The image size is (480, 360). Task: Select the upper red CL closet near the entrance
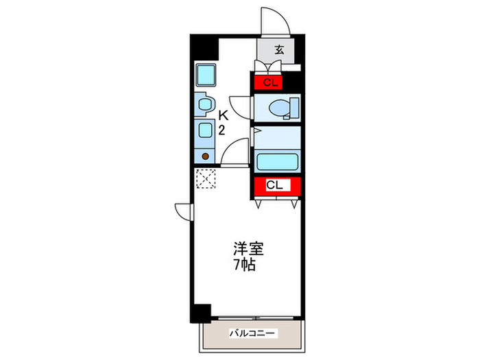(x=269, y=83)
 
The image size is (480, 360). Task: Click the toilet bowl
(x=280, y=107)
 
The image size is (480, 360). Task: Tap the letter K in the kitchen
(x=223, y=117)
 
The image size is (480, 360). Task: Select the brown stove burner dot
(x=205, y=156)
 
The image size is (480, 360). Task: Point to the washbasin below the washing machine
(x=204, y=104)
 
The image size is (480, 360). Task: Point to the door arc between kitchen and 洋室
(x=237, y=151)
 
